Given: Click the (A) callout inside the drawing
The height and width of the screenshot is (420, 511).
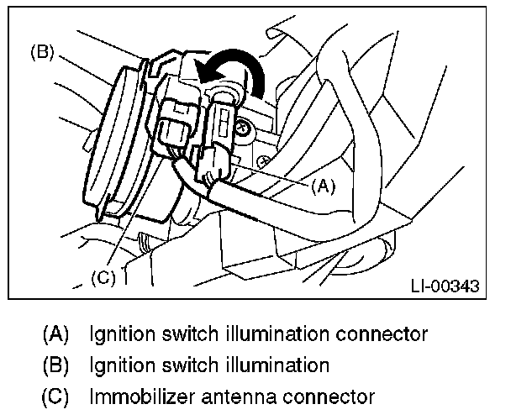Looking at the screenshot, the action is [x=323, y=186].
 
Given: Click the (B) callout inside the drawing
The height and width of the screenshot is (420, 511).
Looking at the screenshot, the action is [x=42, y=52].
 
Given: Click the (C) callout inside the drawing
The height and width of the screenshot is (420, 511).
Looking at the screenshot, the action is [x=103, y=278].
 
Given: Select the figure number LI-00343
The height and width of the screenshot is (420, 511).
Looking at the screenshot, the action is [x=445, y=286].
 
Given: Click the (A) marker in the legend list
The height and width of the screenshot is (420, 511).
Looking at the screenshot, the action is [x=55, y=334].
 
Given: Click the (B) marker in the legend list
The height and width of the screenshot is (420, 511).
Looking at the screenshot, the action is [x=55, y=365].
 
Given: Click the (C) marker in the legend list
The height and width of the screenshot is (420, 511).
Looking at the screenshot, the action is [x=55, y=396].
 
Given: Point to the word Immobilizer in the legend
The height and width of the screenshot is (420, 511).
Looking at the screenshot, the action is [x=142, y=396].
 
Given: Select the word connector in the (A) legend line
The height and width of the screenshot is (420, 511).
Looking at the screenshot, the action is [x=382, y=334].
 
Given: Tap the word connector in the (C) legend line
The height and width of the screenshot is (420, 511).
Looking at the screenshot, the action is [x=329, y=397].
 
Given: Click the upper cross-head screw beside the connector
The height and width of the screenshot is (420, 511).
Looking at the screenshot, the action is [x=243, y=128].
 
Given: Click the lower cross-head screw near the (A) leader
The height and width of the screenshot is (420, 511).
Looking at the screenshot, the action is [x=263, y=161].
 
